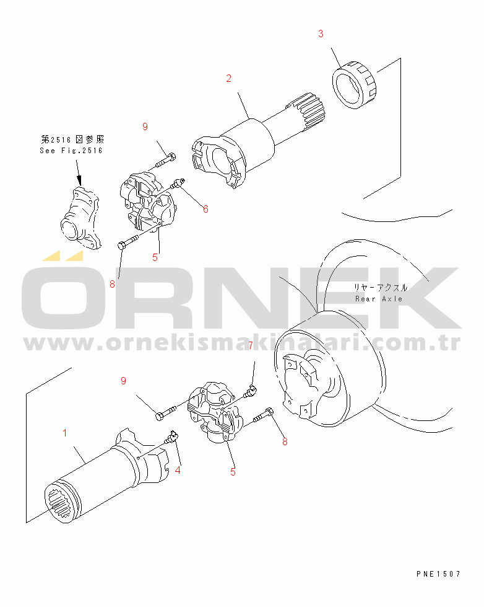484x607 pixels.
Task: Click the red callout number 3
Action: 321,34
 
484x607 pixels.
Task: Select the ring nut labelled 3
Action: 354,84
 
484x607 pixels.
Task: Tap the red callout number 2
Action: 228,79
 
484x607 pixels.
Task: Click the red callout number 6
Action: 205,210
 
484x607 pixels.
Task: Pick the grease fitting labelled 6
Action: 178,183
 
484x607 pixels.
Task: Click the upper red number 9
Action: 145,126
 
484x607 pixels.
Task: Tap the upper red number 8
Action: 112,285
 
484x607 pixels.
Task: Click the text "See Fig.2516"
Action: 71,151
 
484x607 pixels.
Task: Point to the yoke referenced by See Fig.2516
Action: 81,218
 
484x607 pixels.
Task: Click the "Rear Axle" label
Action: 379,299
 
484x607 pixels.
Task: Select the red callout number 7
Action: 251,345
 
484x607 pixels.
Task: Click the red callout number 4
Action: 178,471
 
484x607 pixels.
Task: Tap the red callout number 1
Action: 65,433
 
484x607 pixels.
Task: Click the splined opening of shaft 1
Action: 63,500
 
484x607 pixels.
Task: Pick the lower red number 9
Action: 123,381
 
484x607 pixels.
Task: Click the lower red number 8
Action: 285,441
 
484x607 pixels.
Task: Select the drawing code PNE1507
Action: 438,574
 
